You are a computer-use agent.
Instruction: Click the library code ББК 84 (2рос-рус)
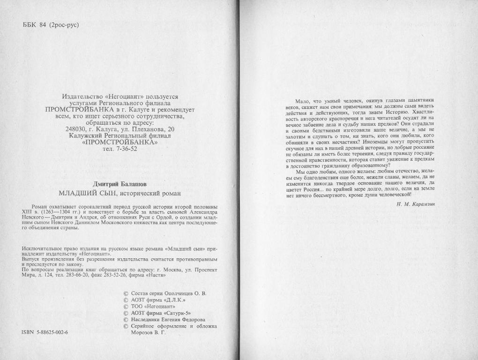click(x=51, y=25)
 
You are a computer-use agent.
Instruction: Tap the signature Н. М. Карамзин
click(x=416, y=203)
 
